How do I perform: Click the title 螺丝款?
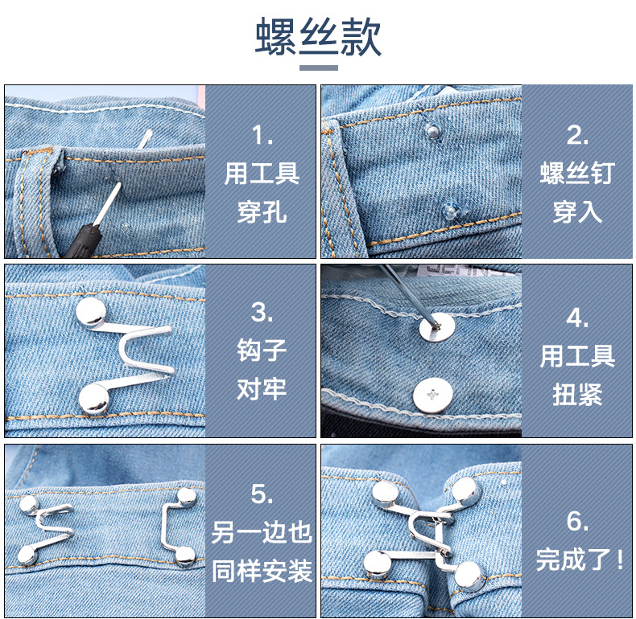319,37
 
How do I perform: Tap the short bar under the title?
319,68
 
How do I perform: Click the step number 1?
262,135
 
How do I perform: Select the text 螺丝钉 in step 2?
577,173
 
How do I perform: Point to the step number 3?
262,313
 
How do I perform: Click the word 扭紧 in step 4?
577,394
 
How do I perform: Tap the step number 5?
262,494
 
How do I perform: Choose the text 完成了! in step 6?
580,560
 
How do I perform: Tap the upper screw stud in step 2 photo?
433,131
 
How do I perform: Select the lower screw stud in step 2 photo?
451,211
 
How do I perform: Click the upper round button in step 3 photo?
91,312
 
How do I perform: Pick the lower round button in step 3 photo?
93,399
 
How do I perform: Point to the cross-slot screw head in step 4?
433,394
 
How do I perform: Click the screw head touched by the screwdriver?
437,326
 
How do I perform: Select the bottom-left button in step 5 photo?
27,555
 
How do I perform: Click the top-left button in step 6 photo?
385,493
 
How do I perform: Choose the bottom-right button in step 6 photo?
469,576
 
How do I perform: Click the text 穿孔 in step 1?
262,212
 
